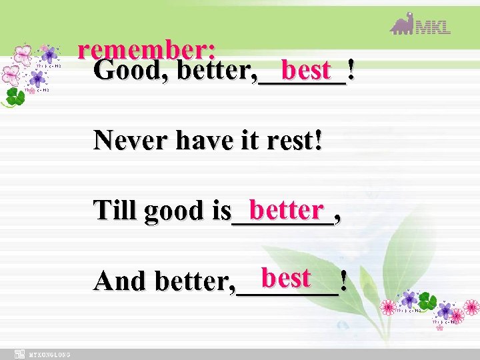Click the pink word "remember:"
click(x=146, y=50)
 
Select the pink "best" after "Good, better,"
click(x=306, y=69)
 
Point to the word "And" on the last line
click(x=121, y=281)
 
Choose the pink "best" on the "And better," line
click(x=286, y=277)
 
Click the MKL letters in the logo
click(x=434, y=27)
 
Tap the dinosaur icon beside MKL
click(x=402, y=24)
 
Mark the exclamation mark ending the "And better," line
click(x=343, y=281)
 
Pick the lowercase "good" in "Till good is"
click(x=176, y=211)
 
